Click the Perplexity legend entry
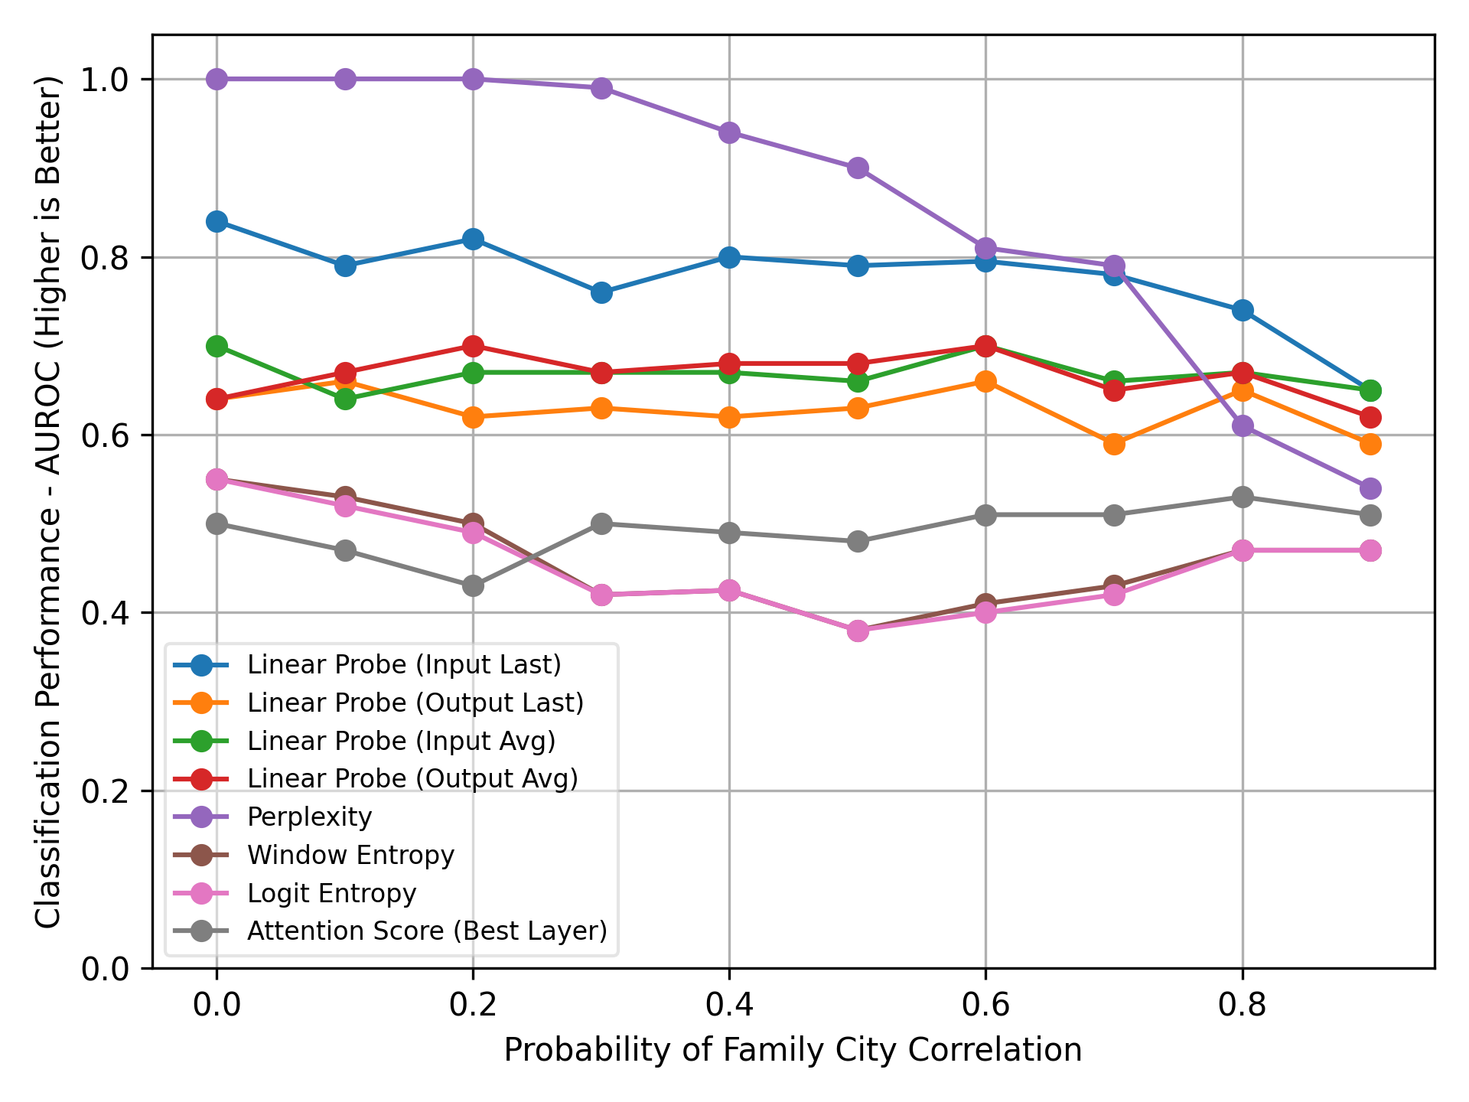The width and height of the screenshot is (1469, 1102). coord(309,817)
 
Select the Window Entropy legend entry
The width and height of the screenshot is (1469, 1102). coord(350,855)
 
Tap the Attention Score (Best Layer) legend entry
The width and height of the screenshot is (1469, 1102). coord(426,931)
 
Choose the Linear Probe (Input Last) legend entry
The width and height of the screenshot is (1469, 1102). coord(404,664)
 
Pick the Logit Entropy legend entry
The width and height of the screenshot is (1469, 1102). coord(331,893)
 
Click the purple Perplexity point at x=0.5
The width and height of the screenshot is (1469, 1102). coord(858,168)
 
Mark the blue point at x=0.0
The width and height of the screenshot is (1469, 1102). coord(217,222)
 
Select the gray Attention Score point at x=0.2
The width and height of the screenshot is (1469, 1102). coord(473,586)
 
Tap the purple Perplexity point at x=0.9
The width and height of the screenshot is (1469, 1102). coord(1370,488)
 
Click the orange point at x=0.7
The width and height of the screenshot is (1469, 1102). coord(1114,444)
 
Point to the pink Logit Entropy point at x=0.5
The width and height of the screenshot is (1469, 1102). coord(858,631)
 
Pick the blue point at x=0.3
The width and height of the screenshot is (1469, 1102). coord(601,292)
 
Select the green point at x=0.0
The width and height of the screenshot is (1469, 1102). coord(217,346)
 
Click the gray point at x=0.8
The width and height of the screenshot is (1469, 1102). coord(1243,497)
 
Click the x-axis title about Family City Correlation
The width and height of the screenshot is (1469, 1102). coord(793,1050)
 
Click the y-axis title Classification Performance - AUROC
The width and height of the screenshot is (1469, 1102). coord(47,501)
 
